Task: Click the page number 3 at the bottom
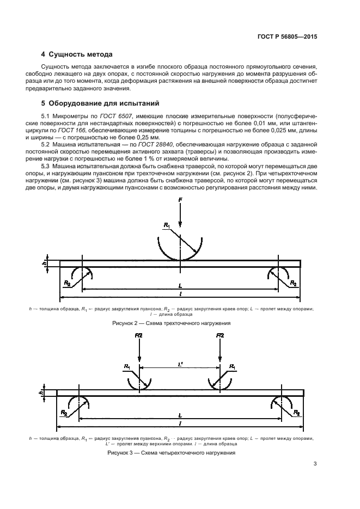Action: [x=315, y=464]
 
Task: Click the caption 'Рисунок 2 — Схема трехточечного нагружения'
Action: [x=180, y=323]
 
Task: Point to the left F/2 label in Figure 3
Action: [x=139, y=336]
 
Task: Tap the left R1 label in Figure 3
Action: [x=127, y=366]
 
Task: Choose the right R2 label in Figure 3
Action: [x=296, y=413]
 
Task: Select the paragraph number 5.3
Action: [x=46, y=165]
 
